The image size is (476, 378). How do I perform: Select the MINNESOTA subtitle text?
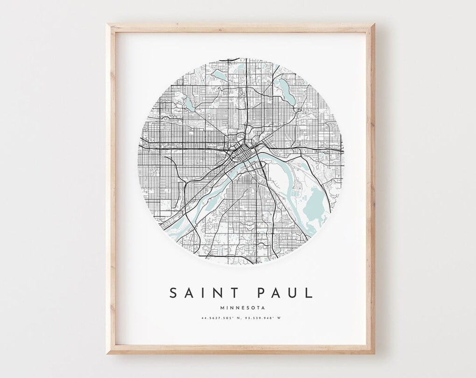241,308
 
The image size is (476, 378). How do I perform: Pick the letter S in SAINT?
173,293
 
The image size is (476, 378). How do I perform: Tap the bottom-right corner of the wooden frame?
373,352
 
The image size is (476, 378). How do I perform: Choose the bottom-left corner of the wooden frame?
108,352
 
